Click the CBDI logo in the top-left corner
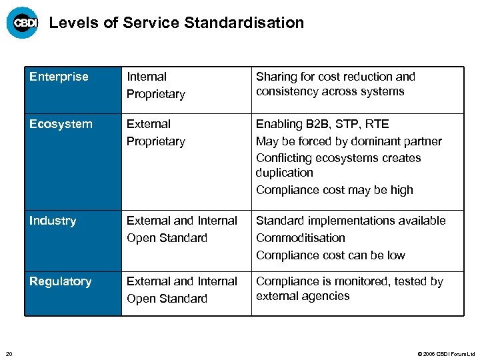pos(22,23)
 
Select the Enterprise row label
pos(59,77)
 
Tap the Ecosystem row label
pos(61,124)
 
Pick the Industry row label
pos(53,221)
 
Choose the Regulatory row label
pos(60,281)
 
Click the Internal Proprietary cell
pos(155,85)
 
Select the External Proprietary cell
pos(155,133)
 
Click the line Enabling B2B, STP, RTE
pos(322,124)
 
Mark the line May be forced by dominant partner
pos(349,141)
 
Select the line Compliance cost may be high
pos(335,190)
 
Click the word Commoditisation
pos(301,238)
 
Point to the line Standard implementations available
pos(351,221)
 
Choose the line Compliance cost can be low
pos(331,255)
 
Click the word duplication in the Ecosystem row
pos(284,173)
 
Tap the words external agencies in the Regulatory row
pos(303,296)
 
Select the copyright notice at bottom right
pos(445,354)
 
